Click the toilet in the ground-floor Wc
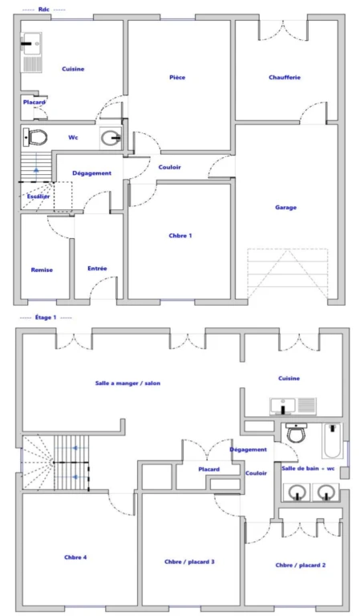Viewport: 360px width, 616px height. point(35,137)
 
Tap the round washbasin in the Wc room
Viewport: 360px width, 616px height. point(111,138)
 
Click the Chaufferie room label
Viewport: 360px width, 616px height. point(285,77)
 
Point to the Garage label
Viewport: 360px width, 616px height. point(285,208)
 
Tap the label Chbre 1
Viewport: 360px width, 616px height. point(180,236)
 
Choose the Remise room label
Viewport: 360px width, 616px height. point(42,269)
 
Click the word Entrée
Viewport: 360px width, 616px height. point(97,269)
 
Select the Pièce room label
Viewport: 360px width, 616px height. point(177,77)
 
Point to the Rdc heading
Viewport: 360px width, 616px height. point(43,10)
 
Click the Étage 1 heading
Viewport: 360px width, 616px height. point(46,318)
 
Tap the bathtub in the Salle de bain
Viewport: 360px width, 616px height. point(332,441)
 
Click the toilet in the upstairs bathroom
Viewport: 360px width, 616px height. point(296,432)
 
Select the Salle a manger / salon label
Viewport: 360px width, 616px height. point(128,383)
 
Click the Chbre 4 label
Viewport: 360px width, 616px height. point(75,557)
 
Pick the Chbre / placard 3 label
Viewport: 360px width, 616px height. point(189,561)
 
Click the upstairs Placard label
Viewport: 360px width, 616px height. point(208,469)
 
